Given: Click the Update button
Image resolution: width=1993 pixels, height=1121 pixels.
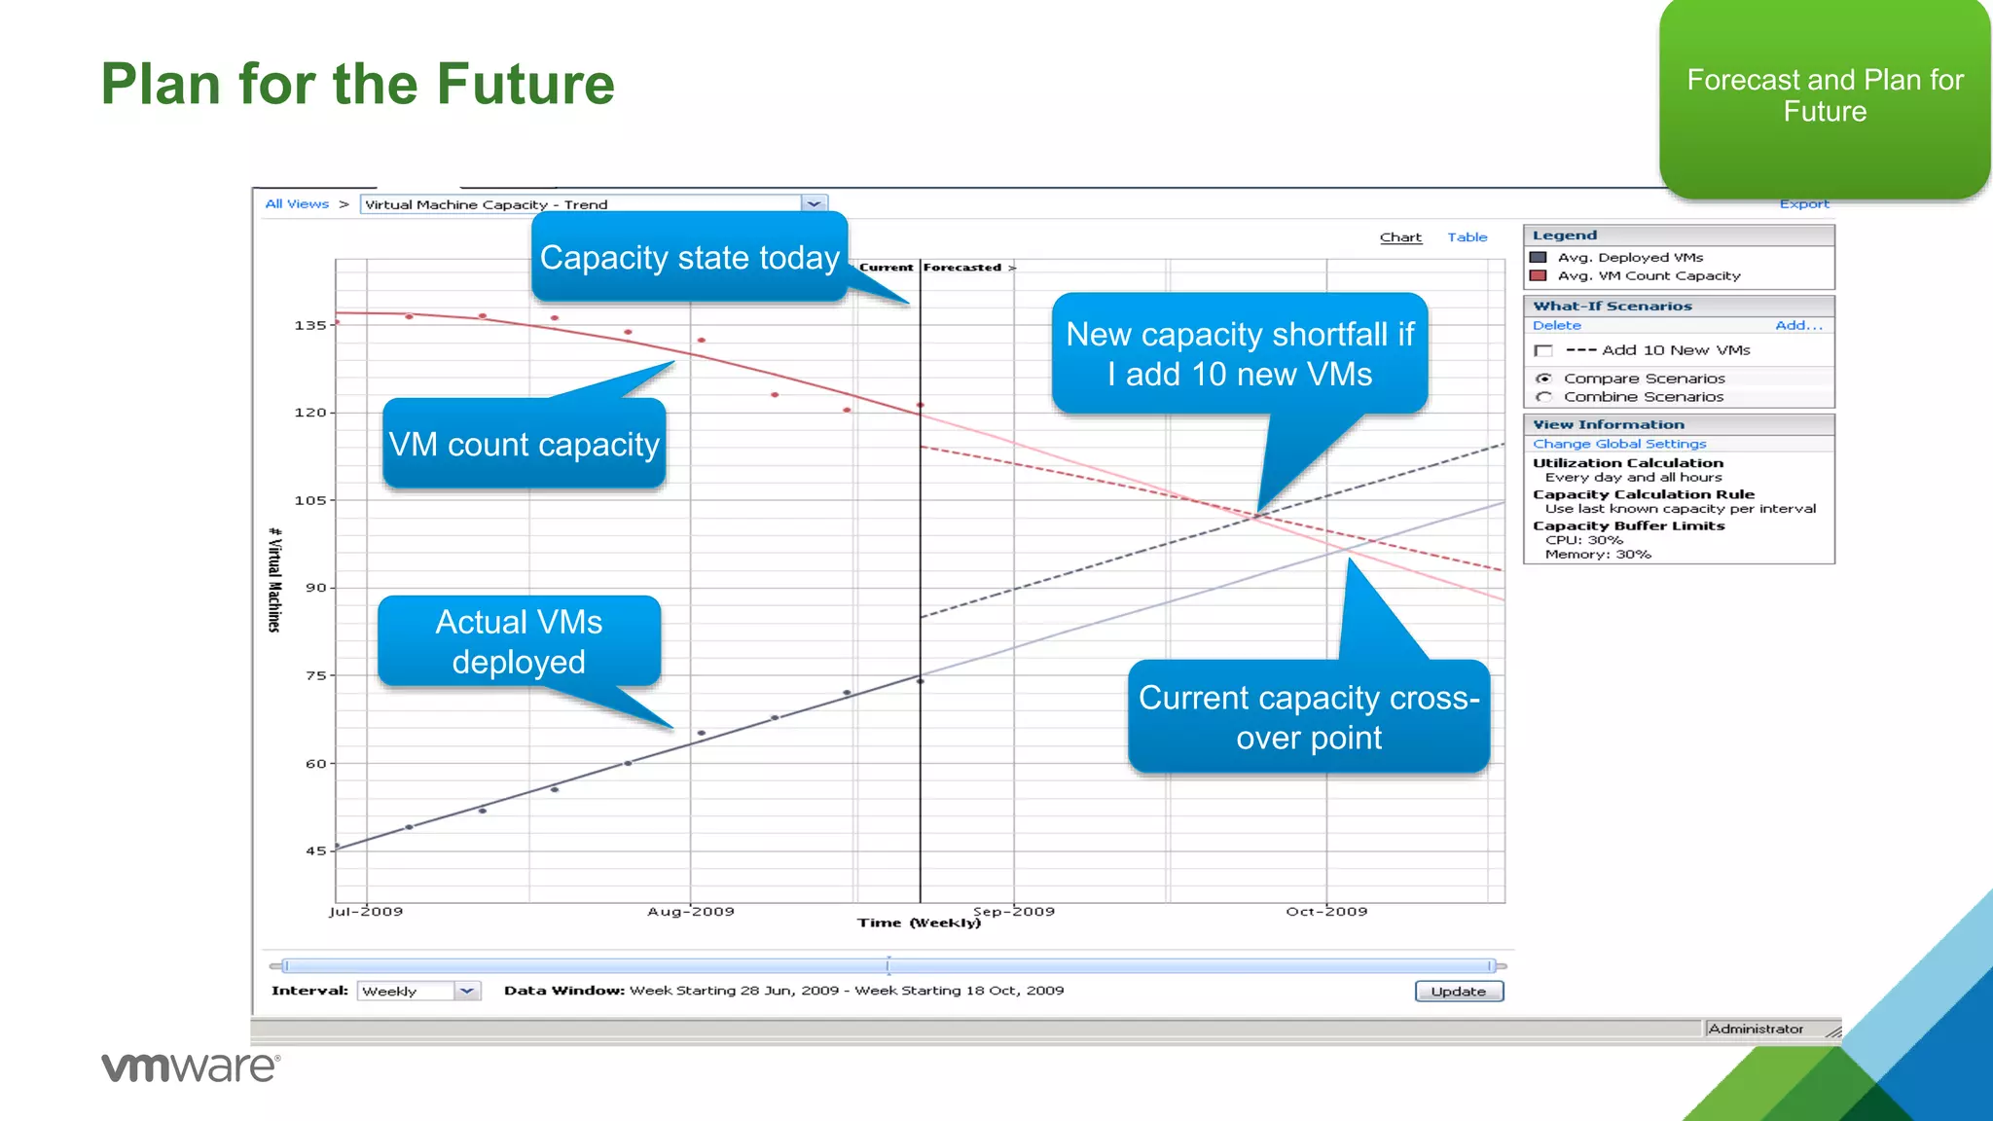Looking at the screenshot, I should click(1458, 991).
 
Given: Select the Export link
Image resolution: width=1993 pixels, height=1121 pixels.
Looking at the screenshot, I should click(1803, 204).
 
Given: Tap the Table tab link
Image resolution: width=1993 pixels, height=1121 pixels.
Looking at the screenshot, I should click(1467, 237).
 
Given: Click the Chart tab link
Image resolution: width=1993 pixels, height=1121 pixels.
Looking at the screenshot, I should click(1399, 237).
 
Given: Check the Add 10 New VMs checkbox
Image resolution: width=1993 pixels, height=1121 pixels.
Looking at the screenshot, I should click(1542, 350).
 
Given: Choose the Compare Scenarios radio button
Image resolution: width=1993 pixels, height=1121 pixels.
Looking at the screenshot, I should click(1543, 379).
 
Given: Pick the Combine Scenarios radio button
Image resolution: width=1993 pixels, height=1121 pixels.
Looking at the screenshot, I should click(1543, 397).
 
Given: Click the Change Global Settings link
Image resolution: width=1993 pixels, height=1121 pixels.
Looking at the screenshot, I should click(1619, 444).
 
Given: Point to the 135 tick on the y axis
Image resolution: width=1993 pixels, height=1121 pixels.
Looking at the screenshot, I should click(310, 325).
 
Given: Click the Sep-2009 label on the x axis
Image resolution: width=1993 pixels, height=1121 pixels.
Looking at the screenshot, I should click(1013, 912).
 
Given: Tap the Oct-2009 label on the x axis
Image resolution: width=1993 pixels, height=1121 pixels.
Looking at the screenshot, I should click(1325, 912).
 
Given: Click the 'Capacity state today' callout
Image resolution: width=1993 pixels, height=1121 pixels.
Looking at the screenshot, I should click(689, 258).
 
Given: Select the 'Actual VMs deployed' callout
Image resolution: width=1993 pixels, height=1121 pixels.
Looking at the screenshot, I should click(519, 641).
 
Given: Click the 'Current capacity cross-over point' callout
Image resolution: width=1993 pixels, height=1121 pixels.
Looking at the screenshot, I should click(1308, 717).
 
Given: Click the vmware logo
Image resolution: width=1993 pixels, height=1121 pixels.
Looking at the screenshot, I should click(191, 1067).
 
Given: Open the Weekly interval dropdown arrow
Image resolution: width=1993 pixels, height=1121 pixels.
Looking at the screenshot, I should click(467, 991).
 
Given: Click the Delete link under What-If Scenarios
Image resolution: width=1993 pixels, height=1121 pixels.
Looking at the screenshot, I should click(1556, 326).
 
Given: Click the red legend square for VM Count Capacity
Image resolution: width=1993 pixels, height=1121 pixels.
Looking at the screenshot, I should click(1539, 275).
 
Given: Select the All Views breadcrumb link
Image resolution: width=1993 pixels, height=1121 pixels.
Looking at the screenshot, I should click(297, 204).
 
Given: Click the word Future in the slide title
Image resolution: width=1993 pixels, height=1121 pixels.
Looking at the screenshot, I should click(525, 84).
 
